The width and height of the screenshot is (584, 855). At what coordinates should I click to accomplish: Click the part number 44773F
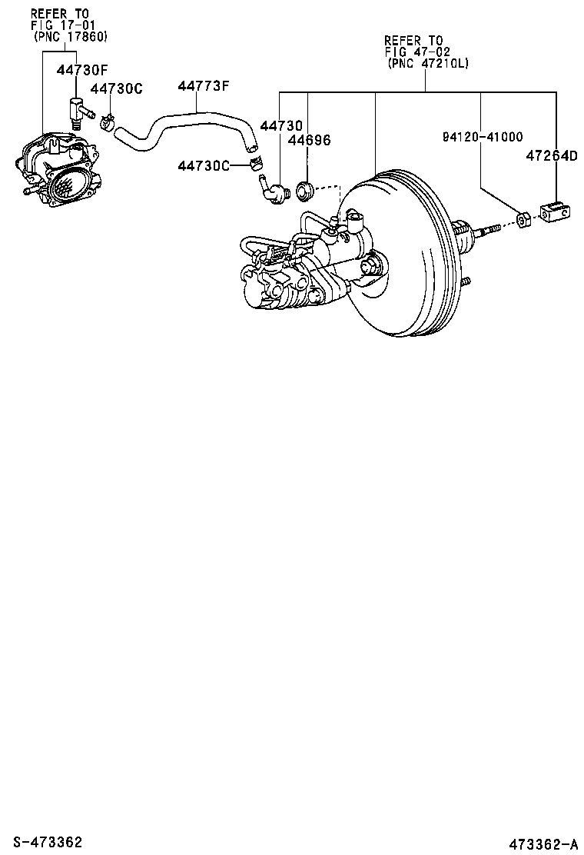[204, 85]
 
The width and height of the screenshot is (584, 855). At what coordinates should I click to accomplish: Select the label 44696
[309, 140]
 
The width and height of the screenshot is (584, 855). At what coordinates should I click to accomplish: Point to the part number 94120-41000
[482, 137]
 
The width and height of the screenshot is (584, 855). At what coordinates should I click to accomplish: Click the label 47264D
[551, 155]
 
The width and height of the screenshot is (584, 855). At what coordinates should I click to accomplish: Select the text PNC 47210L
[426, 65]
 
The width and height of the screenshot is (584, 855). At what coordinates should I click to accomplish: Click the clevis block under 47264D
[554, 214]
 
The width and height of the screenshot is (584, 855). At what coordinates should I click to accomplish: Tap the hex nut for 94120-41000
[523, 221]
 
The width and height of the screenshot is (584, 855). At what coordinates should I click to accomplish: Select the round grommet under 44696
[304, 188]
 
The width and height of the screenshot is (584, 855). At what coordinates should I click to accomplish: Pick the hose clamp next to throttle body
[108, 120]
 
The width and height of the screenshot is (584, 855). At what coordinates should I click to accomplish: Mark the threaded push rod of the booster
[485, 229]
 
